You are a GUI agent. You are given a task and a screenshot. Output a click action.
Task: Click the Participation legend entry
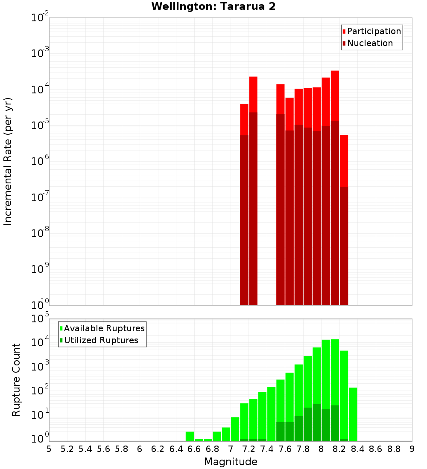point(371,31)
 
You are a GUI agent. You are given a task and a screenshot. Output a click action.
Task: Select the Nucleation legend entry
point(367,43)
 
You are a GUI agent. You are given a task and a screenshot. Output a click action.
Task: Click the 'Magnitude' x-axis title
point(231,462)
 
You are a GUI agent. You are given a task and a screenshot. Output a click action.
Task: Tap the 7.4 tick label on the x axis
point(267,449)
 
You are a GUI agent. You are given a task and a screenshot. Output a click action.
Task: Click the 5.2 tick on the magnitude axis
point(67,449)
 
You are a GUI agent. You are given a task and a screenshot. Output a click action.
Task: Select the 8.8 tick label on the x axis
point(394,449)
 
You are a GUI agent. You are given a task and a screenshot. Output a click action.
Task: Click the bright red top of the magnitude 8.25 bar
point(344,160)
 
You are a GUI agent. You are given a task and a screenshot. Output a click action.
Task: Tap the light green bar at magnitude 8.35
point(353,414)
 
